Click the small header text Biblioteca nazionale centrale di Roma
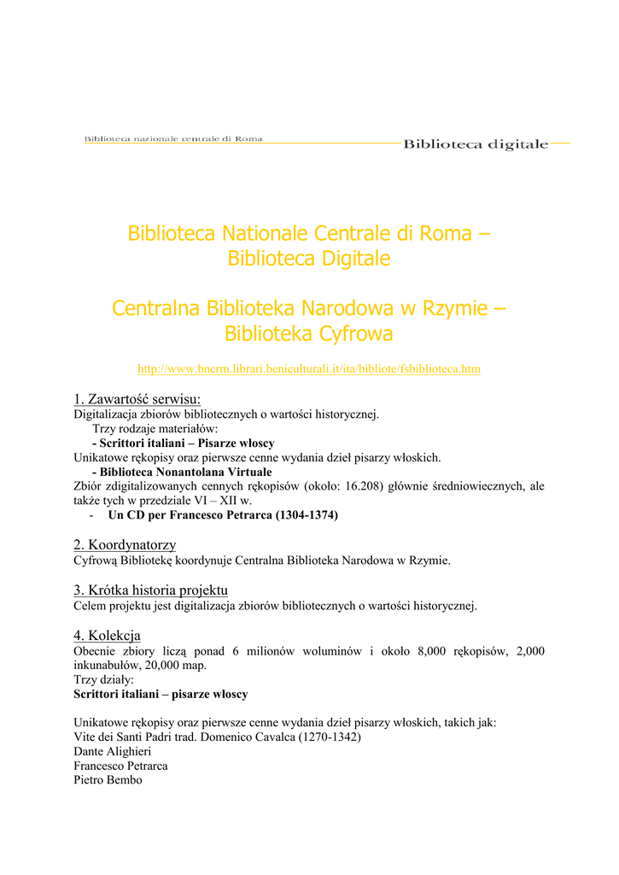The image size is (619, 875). (x=173, y=138)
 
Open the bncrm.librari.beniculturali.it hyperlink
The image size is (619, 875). (x=309, y=369)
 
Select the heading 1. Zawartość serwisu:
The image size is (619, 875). (x=137, y=399)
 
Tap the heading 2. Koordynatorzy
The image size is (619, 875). (x=125, y=545)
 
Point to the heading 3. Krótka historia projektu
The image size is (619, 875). (x=151, y=590)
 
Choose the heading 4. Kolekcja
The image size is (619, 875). (x=108, y=636)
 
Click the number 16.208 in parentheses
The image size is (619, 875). (x=370, y=486)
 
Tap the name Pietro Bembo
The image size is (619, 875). (x=108, y=780)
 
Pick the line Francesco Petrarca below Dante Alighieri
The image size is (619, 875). (x=120, y=766)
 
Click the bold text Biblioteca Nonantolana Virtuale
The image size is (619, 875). (x=185, y=472)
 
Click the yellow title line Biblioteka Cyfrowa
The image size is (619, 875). (x=309, y=334)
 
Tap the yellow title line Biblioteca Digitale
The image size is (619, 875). (x=309, y=259)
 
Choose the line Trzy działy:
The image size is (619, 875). (x=104, y=680)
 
